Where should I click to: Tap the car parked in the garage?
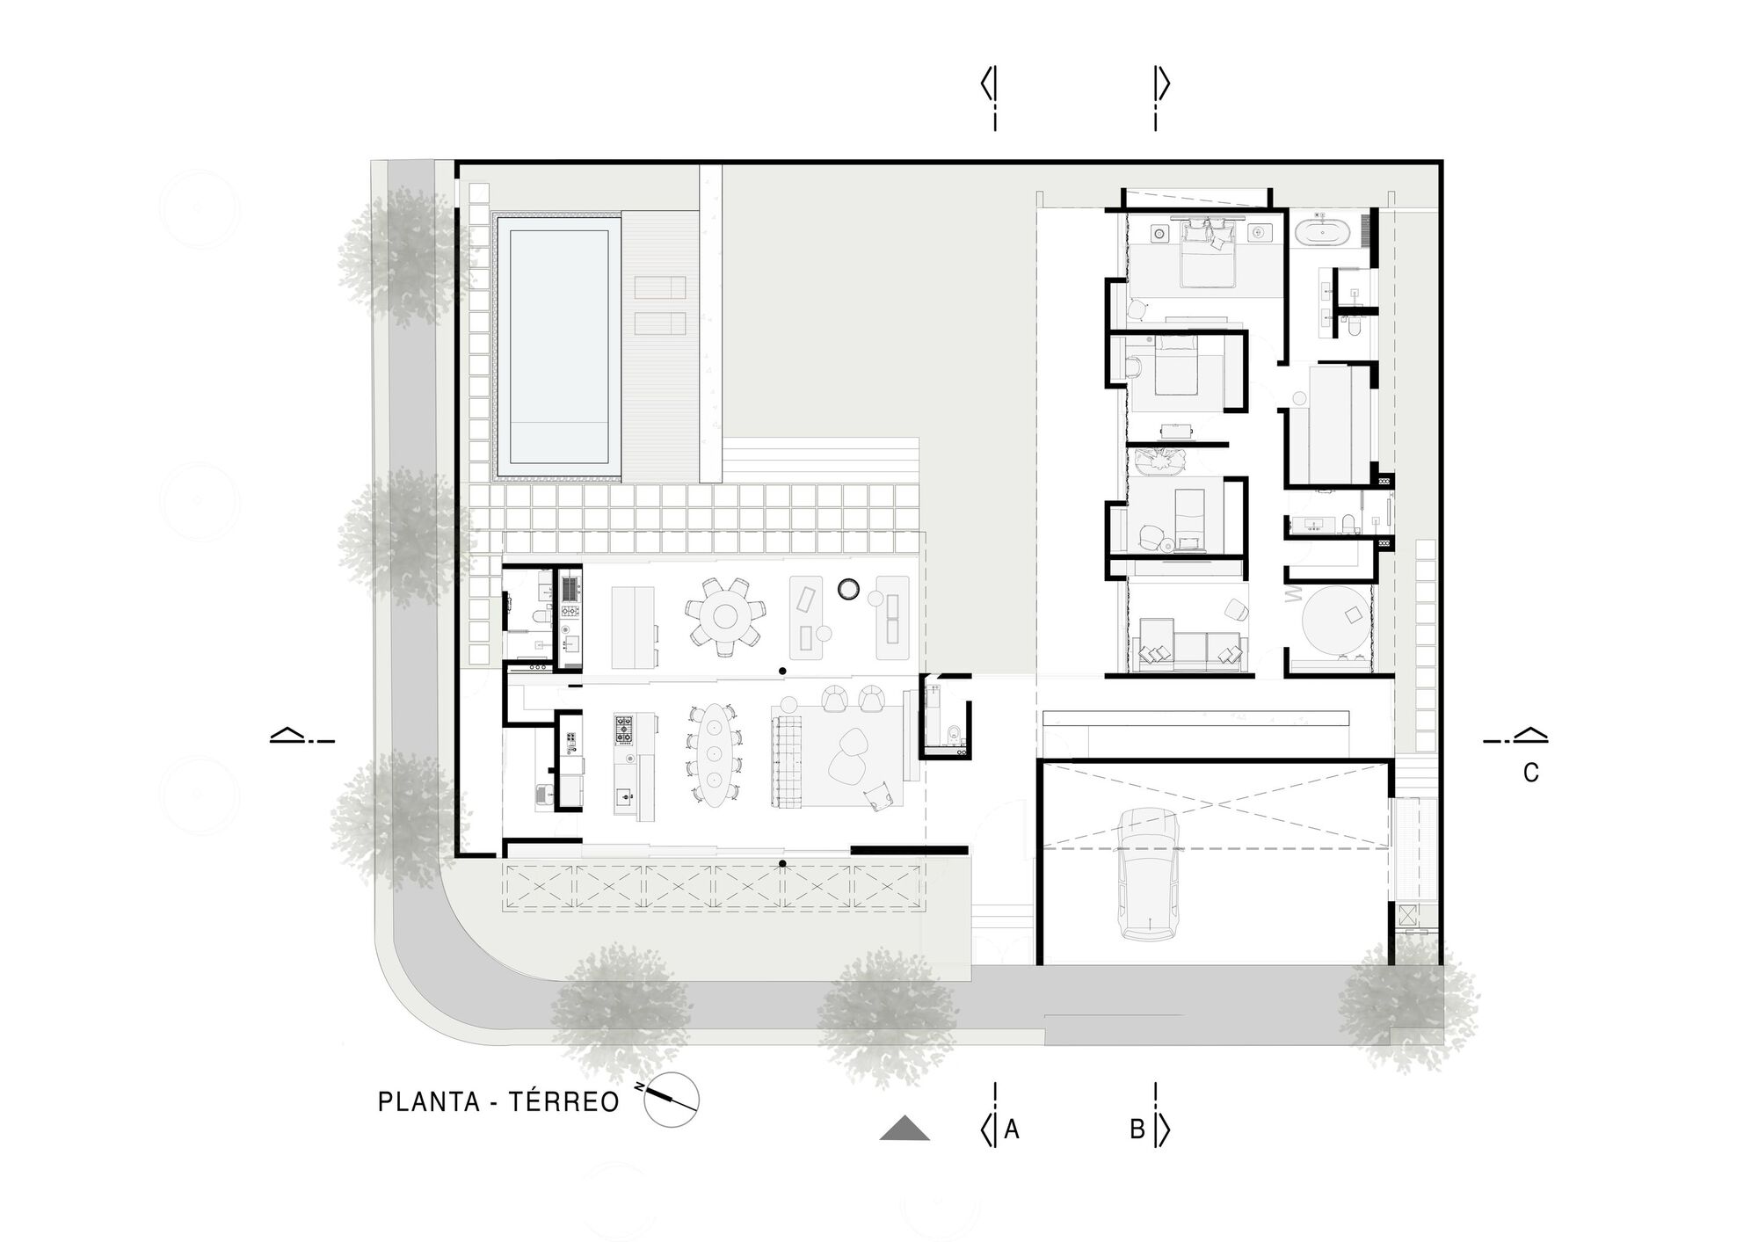(x=1147, y=874)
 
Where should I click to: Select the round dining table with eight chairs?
(x=725, y=616)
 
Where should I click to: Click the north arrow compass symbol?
(x=672, y=1100)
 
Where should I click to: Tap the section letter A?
(x=1012, y=1129)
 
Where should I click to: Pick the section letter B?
(x=1137, y=1129)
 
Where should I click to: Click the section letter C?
(x=1531, y=773)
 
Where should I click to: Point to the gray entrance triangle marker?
(x=904, y=1129)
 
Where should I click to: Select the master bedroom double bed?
(x=1209, y=254)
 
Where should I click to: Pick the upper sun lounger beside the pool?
(x=659, y=287)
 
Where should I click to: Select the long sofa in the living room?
(x=787, y=760)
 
